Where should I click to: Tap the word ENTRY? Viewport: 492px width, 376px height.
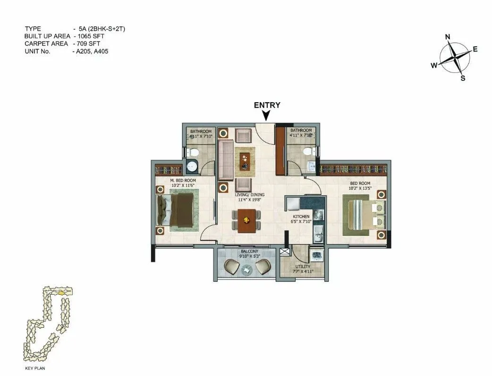pos(267,105)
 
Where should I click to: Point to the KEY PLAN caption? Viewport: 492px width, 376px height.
pos(35,367)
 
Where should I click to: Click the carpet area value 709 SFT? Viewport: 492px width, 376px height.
pos(88,44)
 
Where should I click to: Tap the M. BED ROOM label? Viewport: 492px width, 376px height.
pos(183,181)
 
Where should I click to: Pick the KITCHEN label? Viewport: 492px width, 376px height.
pos(300,217)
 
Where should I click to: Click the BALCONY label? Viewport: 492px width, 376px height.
pos(247,251)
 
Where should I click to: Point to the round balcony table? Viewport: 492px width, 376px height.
pos(247,270)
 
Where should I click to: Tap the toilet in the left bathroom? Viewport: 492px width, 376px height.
pos(191,152)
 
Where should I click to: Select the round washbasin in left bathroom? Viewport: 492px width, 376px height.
pos(192,166)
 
